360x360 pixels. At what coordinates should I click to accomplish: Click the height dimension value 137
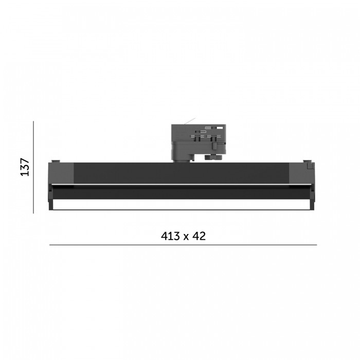(x=25, y=167)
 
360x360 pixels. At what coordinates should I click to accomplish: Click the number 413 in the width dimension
(x=171, y=236)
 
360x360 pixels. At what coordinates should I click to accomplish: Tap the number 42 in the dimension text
(x=199, y=236)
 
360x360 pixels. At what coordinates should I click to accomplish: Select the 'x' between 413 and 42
(x=186, y=237)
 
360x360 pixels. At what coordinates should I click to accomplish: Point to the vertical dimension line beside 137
(x=33, y=167)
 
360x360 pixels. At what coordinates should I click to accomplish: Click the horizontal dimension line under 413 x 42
(x=183, y=245)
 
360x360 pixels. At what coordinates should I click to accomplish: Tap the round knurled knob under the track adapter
(x=213, y=157)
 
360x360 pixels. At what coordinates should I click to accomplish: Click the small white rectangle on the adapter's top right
(x=220, y=128)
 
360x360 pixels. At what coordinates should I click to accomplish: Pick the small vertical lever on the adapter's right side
(x=214, y=146)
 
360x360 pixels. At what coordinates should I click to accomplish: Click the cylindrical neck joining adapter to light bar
(x=182, y=160)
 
